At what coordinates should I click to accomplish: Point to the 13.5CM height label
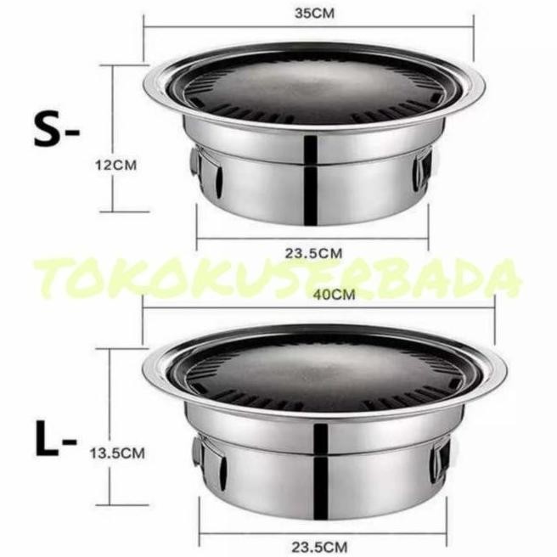coord(118,453)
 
